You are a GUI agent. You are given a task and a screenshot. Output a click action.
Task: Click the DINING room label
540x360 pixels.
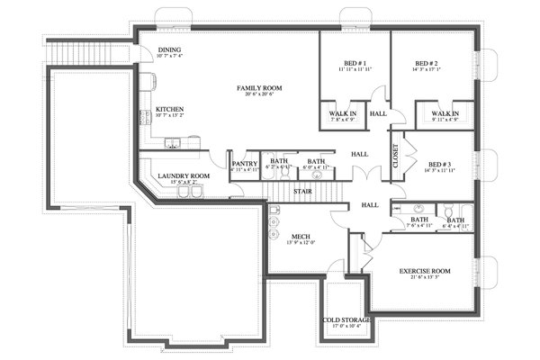pyautogui.click(x=169, y=49)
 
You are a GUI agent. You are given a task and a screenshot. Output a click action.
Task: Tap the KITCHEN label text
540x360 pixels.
pyautogui.click(x=170, y=108)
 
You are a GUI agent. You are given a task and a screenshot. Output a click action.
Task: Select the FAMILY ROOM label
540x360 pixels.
pyautogui.click(x=259, y=87)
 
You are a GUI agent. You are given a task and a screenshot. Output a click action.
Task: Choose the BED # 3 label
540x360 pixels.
pyautogui.click(x=438, y=164)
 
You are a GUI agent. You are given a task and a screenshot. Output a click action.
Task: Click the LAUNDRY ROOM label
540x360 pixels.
pyautogui.click(x=183, y=175)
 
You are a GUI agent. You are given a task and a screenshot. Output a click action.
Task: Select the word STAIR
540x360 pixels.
pyautogui.click(x=303, y=191)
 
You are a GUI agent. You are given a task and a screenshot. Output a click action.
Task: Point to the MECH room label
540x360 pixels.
pyautogui.click(x=274, y=236)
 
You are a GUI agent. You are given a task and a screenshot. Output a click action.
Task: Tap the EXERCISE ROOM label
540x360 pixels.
pyautogui.click(x=425, y=270)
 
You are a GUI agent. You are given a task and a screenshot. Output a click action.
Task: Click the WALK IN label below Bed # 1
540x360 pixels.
pyautogui.click(x=342, y=113)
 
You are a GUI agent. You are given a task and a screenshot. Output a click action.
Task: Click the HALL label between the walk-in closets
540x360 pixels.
pyautogui.click(x=378, y=114)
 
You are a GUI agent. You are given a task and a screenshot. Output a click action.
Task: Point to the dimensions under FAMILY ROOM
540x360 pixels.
pyautogui.click(x=259, y=95)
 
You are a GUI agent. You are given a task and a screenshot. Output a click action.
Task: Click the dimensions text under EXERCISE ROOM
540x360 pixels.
pyautogui.click(x=425, y=278)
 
